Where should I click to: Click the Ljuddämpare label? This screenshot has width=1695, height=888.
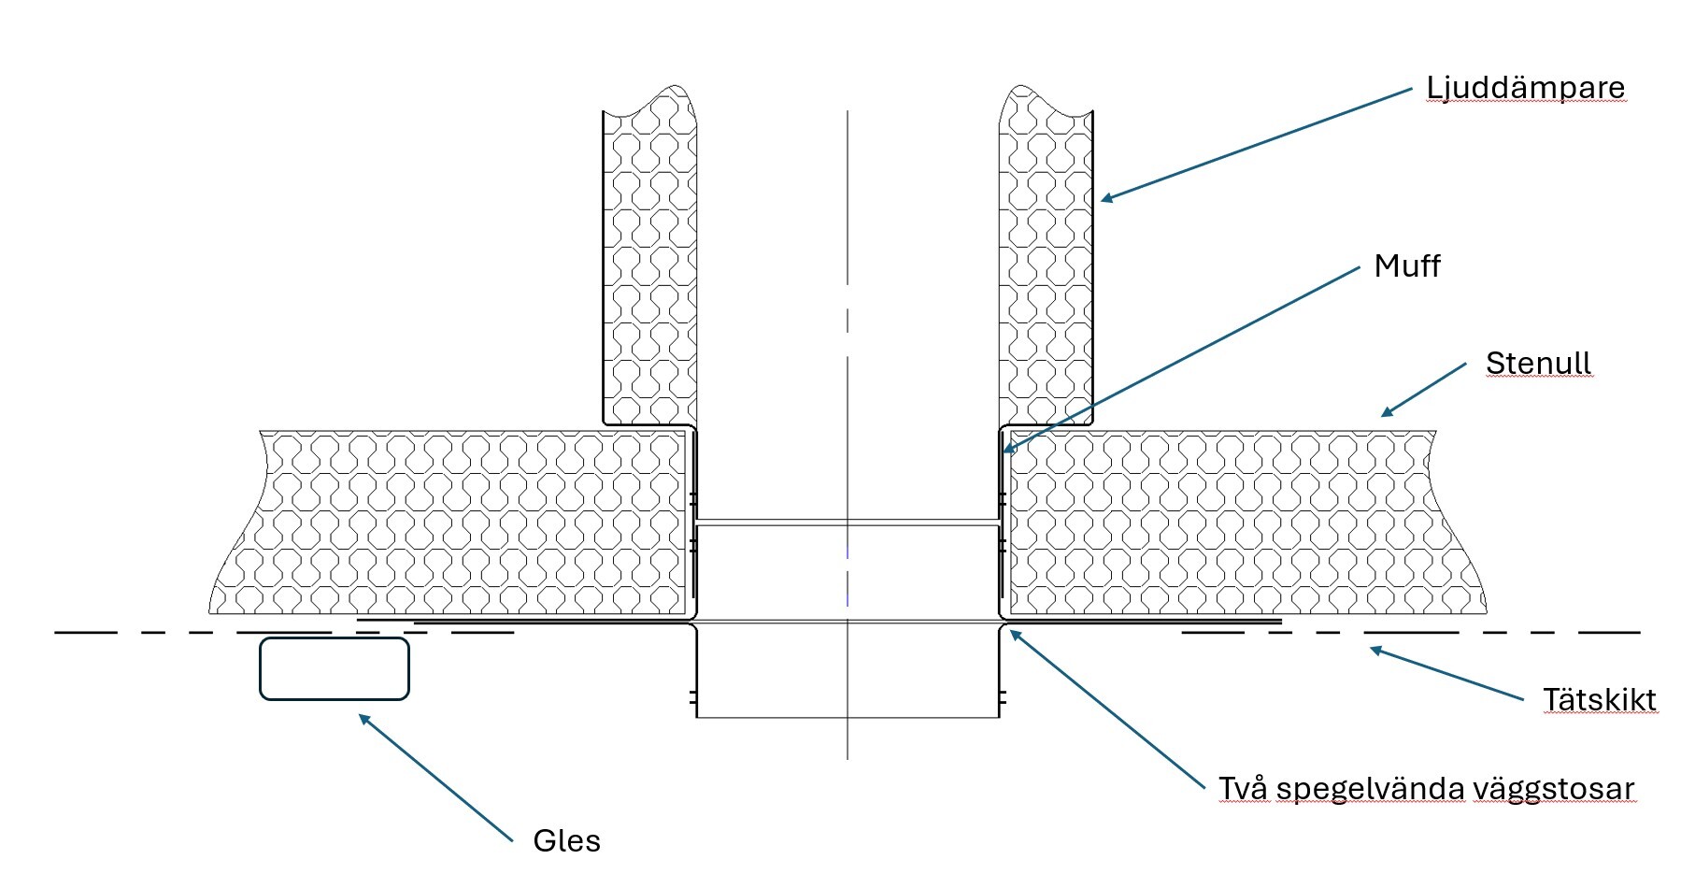pos(1525,89)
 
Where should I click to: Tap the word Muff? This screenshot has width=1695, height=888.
pos(1406,266)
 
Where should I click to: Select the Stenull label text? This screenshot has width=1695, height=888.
pos(1538,363)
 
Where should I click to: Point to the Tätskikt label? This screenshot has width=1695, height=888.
pos(1599,700)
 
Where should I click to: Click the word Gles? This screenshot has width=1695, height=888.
pos(566,840)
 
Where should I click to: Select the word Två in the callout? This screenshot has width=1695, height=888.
pos(1243,789)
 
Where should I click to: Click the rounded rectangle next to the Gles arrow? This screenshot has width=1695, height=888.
pos(334,668)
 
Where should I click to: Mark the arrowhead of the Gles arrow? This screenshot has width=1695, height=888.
pos(363,718)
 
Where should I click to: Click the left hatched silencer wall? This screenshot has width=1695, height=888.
pos(649,271)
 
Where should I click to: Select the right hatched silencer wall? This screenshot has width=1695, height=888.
pos(1046,271)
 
